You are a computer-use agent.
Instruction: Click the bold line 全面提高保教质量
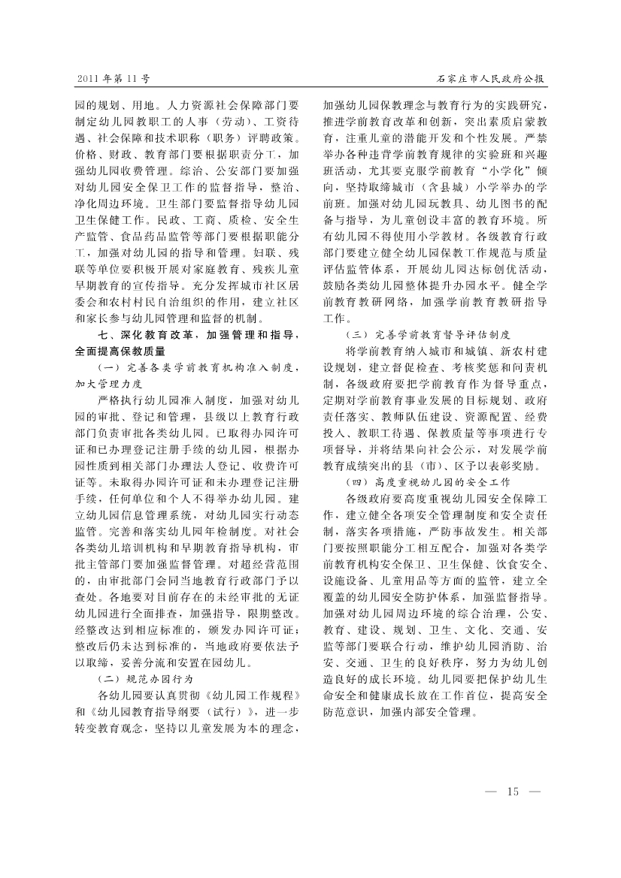click(x=120, y=351)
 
